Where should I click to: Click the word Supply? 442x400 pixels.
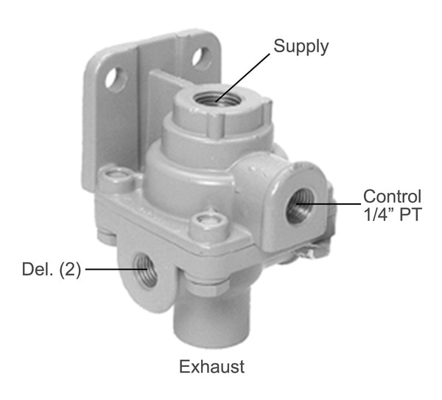click(301, 47)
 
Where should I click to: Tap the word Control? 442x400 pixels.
click(392, 196)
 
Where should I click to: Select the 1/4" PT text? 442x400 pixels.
click(393, 214)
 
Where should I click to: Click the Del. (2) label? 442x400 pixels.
click(52, 270)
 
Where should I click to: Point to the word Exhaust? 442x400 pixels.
click(211, 367)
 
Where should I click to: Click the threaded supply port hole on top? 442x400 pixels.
click(216, 99)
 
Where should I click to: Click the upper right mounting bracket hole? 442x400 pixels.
click(200, 58)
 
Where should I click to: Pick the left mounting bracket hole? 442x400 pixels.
click(115, 79)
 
